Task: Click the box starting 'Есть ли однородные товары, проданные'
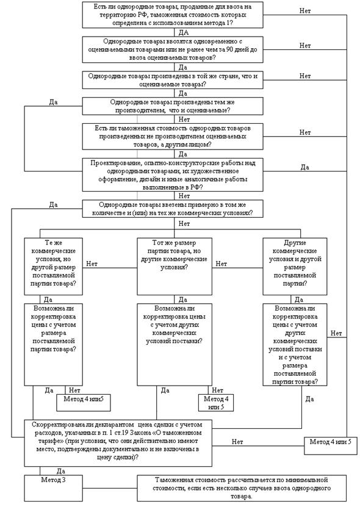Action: [173, 15]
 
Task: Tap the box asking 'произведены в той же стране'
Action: [173, 80]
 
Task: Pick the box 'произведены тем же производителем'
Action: [173, 106]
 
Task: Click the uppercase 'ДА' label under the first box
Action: [184, 32]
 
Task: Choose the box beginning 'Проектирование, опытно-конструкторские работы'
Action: [173, 175]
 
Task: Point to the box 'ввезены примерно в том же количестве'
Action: [173, 209]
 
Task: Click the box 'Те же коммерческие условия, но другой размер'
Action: [53, 267]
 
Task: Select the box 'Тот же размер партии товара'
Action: [175, 267]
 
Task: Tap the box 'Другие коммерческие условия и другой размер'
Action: [295, 267]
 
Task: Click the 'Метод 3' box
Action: [53, 488]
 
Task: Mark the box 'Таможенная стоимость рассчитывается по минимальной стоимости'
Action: [242, 488]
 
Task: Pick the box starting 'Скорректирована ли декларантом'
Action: [118, 443]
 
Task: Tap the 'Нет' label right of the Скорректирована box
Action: [237, 442]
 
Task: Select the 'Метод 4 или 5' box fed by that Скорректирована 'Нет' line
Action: [330, 445]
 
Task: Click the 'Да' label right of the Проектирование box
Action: [304, 167]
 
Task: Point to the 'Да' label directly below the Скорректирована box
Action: [61, 471]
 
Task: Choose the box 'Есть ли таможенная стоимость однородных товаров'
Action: [173, 137]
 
